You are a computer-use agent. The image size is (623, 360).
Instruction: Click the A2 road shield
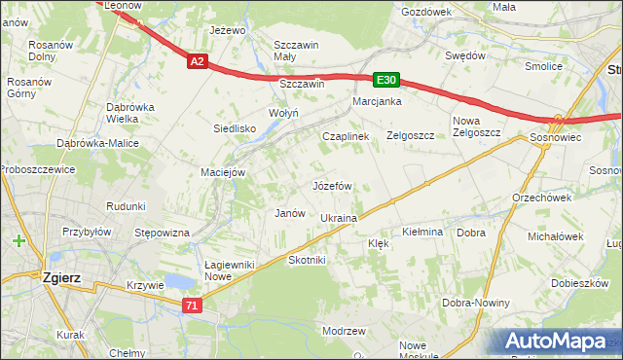[197, 61]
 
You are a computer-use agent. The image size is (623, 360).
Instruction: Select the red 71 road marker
[193, 306]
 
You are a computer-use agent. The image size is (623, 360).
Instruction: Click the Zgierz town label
[61, 277]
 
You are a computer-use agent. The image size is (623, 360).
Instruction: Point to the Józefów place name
[332, 185]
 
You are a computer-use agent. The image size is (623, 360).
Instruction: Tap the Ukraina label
[339, 219]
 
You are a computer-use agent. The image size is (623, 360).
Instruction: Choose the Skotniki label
[307, 261]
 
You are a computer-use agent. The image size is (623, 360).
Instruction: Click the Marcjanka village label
[378, 101]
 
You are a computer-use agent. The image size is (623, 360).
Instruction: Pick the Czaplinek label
[346, 137]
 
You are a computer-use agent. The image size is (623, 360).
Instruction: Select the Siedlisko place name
[235, 128]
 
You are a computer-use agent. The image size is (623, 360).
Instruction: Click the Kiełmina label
[422, 233]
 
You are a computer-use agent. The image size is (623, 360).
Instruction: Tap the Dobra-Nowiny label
[475, 303]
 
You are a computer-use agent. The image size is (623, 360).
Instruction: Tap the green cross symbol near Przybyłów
[19, 240]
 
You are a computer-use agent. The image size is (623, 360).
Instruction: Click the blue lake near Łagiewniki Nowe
[178, 282]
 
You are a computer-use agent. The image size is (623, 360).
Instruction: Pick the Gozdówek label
[426, 12]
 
